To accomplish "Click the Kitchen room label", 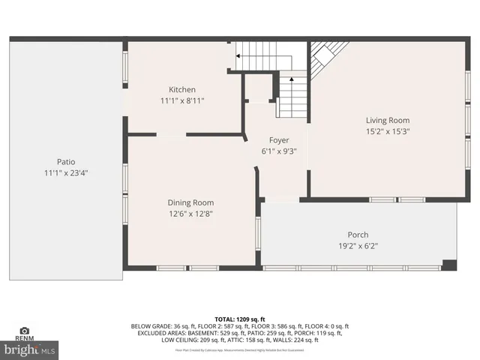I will point(181,90).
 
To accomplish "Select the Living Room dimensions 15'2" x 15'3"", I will point(388,131).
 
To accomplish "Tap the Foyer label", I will point(279,140).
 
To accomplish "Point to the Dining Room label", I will point(190,202).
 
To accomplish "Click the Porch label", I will point(358,235).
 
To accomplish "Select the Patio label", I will point(66,162).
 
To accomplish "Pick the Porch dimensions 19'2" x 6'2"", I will point(358,246).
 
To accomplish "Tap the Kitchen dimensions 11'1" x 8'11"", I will point(181,100).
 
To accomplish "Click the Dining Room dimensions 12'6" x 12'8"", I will point(190,213).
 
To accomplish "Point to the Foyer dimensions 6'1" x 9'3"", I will point(279,151).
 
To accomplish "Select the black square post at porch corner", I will point(449,264).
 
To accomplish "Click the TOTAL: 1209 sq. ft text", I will point(240,319).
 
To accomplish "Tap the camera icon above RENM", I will point(24,331).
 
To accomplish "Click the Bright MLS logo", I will point(29,349).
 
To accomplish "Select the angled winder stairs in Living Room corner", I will point(325,57).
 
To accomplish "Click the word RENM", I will point(24,339).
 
